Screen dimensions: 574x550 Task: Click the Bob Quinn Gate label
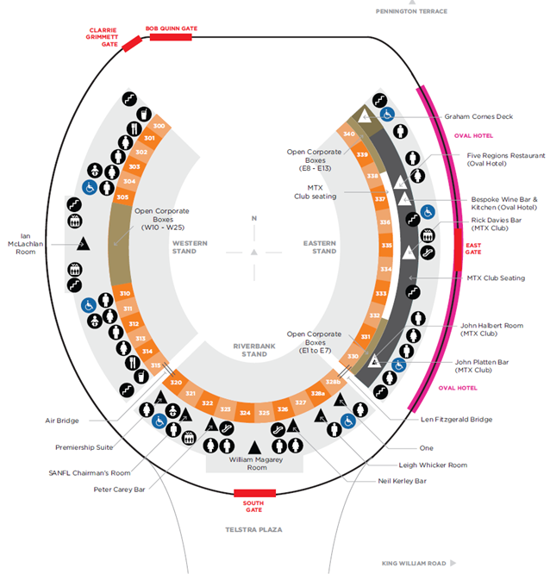(172, 28)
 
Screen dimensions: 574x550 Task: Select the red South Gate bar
(254, 493)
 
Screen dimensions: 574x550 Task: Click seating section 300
(158, 126)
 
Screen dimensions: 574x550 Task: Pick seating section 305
(122, 197)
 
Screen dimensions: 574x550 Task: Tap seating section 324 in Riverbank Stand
(245, 414)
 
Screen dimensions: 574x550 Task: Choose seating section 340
(349, 134)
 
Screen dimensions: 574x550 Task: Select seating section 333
(380, 294)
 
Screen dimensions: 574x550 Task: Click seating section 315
(156, 365)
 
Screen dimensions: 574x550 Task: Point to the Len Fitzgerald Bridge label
(457, 420)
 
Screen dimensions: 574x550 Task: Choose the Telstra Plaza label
(254, 529)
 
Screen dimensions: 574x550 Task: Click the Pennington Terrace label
(410, 11)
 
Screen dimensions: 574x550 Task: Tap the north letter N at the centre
(254, 219)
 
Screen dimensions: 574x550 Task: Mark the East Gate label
(473, 249)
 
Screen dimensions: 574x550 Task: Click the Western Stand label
(190, 247)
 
